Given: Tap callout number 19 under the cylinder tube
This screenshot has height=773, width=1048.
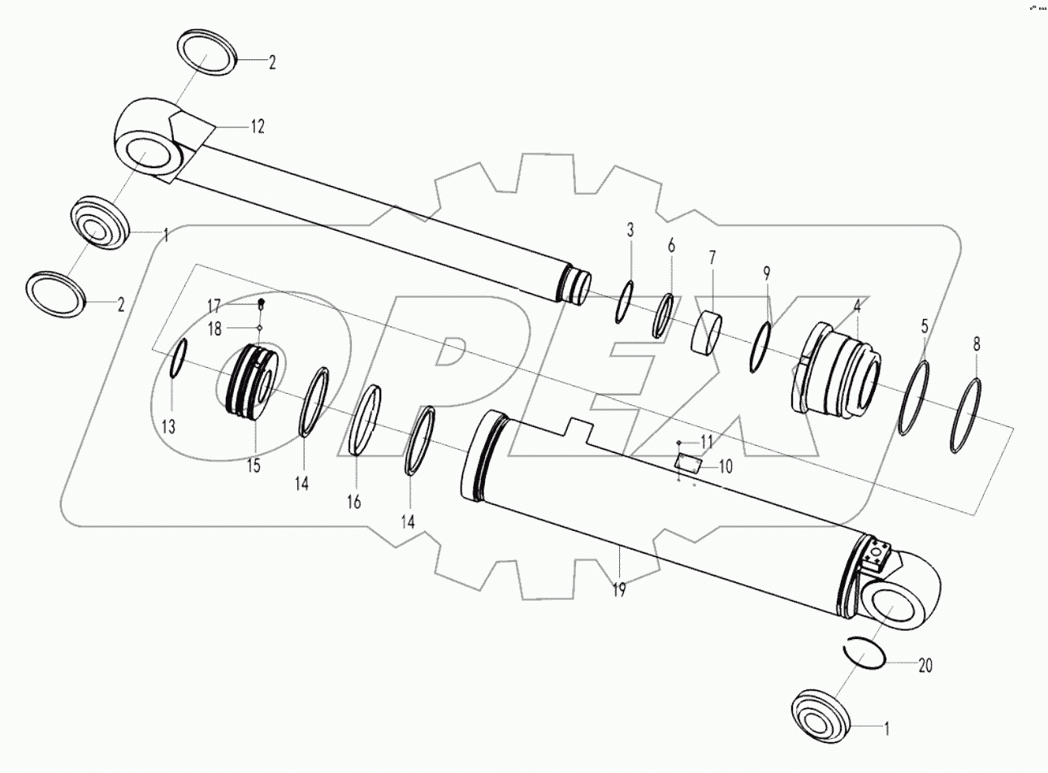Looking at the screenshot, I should pos(619,590).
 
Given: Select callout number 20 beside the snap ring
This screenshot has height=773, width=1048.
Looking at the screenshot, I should pos(925,666).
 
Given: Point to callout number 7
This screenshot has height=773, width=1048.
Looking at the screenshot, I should pos(712,258).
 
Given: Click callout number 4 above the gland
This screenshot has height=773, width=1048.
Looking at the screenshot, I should pos(855,308).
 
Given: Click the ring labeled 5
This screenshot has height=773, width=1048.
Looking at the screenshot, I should pos(915,399).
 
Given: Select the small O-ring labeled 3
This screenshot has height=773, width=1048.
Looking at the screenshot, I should pos(626,302).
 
